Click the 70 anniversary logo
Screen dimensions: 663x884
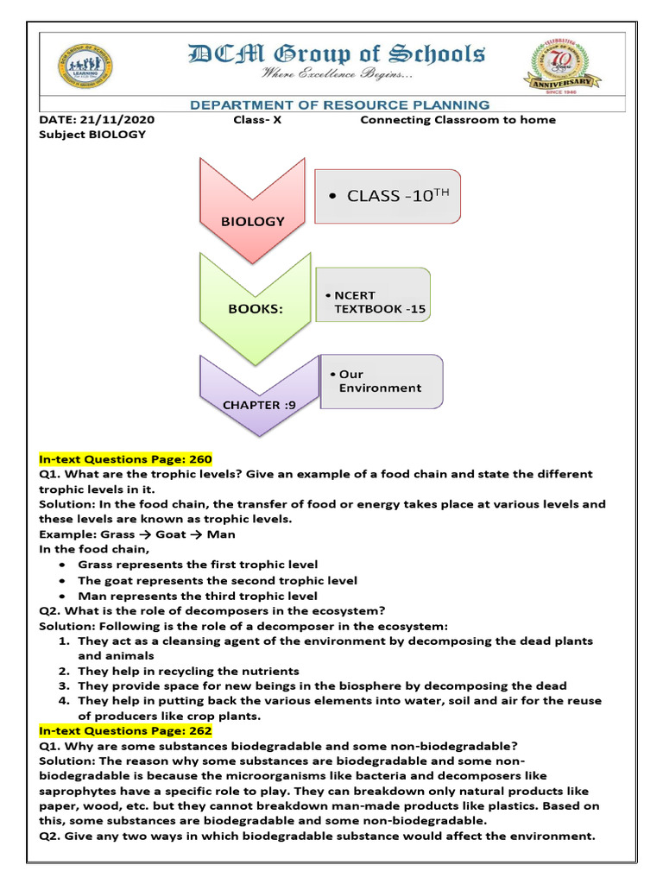pyautogui.click(x=565, y=66)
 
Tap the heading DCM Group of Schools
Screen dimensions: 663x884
pyautogui.click(x=336, y=54)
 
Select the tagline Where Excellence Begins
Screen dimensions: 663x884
pyautogui.click(x=338, y=76)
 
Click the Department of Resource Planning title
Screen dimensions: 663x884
pyautogui.click(x=339, y=105)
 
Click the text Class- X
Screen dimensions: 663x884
pyautogui.click(x=257, y=120)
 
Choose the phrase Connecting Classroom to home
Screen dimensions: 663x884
pyautogui.click(x=458, y=120)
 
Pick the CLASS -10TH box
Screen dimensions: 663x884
pyautogui.click(x=388, y=196)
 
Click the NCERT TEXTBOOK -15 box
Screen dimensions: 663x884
pyautogui.click(x=374, y=295)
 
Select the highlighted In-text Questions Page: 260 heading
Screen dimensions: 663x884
pyautogui.click(x=126, y=458)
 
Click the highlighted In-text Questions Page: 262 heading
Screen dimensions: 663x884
pyautogui.click(x=126, y=730)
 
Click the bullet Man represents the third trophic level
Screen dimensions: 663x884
pyautogui.click(x=198, y=596)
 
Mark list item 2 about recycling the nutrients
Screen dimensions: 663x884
pyautogui.click(x=188, y=671)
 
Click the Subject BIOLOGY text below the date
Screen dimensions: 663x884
pyautogui.click(x=93, y=134)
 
